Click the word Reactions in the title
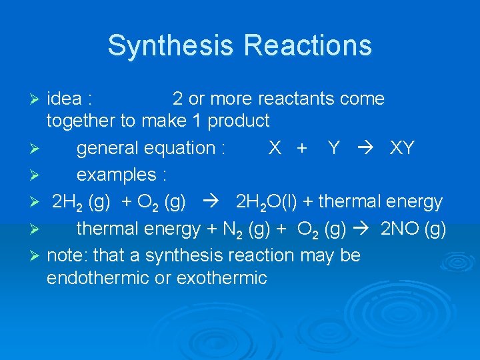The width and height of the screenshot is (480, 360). tap(308, 45)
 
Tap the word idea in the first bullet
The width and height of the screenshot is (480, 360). tap(65, 99)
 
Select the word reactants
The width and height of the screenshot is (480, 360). tap(296, 99)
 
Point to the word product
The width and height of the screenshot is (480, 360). tap(239, 121)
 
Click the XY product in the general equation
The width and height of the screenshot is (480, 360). tap(401, 147)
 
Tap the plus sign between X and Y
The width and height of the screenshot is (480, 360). tap(301, 148)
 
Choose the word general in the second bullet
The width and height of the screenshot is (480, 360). tap(107, 148)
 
